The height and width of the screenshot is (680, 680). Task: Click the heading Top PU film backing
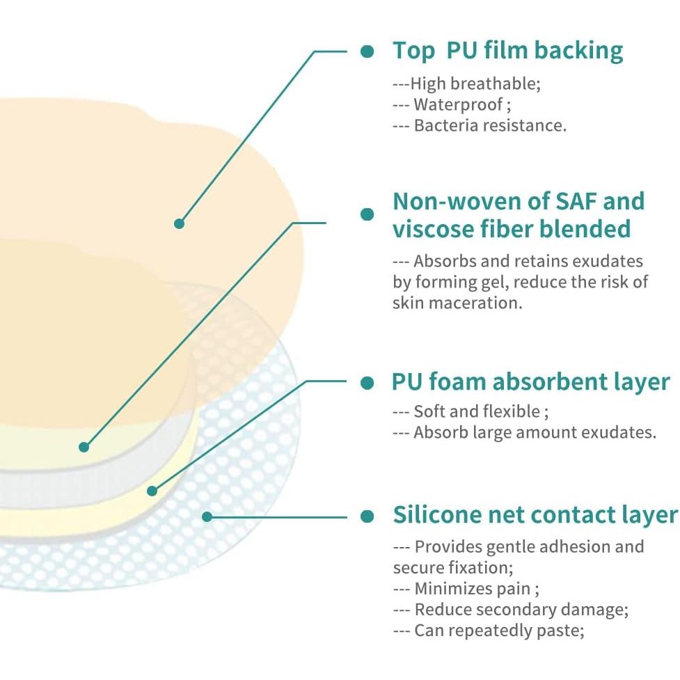click(x=507, y=52)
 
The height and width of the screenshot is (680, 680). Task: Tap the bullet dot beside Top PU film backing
click(x=367, y=52)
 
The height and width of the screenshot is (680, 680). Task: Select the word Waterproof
click(x=458, y=104)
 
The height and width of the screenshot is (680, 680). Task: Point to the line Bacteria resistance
click(x=480, y=125)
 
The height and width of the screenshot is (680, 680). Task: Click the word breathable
click(x=496, y=84)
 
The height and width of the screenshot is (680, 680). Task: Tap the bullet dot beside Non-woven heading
click(x=367, y=214)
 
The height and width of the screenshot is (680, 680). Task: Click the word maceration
click(x=476, y=303)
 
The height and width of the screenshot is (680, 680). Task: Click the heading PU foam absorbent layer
click(x=531, y=381)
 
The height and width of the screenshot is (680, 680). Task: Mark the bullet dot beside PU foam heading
click(x=367, y=383)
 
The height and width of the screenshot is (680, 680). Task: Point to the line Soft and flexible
click(x=471, y=411)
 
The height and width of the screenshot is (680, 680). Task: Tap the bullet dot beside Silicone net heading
click(x=367, y=516)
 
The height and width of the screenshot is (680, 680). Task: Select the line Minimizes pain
click(x=466, y=589)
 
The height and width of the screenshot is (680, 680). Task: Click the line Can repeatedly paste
click(x=489, y=631)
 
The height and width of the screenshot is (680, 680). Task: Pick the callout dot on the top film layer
click(x=179, y=224)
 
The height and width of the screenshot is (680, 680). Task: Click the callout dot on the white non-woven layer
click(x=84, y=447)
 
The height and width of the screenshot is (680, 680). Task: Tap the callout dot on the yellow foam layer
click(x=152, y=491)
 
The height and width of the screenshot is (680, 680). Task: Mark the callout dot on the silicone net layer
click(x=207, y=517)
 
